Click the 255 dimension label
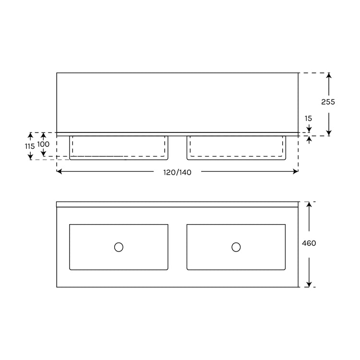[x=328, y=102]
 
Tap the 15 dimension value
[x=308, y=119]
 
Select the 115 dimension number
[x=30, y=146]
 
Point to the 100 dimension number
[x=43, y=144]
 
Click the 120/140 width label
[x=177, y=172]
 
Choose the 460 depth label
[x=309, y=243]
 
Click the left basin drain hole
[x=119, y=247]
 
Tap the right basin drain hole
[x=236, y=247]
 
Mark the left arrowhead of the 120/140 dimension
[x=59, y=171]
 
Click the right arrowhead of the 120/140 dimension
[x=296, y=171]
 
